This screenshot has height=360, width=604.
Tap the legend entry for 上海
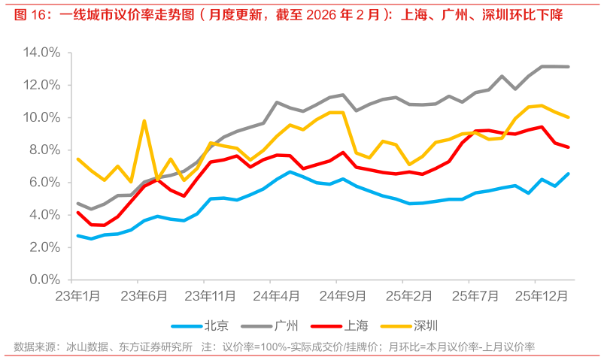[x=357, y=325]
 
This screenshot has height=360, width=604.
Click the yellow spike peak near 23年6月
[x=144, y=120]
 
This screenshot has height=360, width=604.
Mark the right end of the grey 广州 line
[x=568, y=67]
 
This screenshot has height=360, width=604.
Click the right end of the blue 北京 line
[x=568, y=174]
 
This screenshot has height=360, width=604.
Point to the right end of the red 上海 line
[x=568, y=147]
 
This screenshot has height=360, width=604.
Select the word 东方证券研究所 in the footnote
[x=156, y=346]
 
